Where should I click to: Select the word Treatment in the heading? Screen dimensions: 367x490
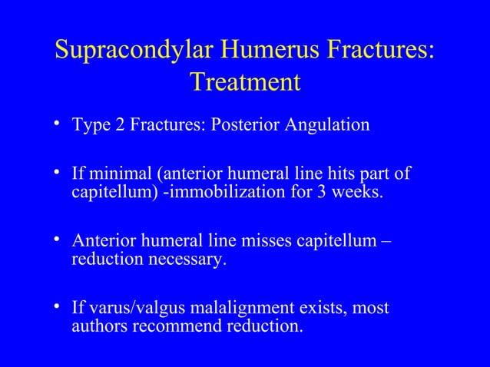click(x=244, y=81)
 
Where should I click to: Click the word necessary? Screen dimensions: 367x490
click(x=187, y=259)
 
